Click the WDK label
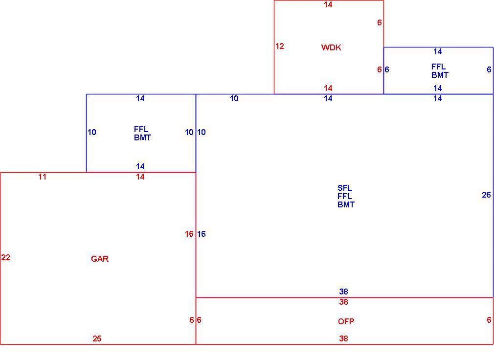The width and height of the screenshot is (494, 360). coord(331,47)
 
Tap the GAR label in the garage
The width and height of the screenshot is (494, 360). coord(100,259)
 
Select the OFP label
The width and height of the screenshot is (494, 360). coord(346,321)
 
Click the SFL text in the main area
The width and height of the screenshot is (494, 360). coord(345,188)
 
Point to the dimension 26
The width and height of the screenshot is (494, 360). coord(486,195)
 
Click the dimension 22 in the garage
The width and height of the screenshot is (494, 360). coord(6,258)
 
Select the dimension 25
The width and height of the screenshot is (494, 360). coord(97,338)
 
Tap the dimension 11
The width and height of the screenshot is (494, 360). coord(42,177)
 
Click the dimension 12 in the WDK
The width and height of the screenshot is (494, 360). coord(279,46)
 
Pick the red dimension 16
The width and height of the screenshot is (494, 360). coord(189,234)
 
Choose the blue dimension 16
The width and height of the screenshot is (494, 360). coord(202,234)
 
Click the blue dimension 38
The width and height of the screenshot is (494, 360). coord(343,292)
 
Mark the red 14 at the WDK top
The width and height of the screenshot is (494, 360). coord(328,5)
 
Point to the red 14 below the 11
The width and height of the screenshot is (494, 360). coord(140,177)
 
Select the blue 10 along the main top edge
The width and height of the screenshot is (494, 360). coord(234,99)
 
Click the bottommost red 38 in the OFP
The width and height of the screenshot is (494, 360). coord(343,338)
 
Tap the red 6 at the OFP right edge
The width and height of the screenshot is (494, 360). coord(489,320)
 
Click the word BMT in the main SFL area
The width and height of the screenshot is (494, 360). coord(346,205)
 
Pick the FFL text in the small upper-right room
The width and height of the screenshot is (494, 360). coord(439,67)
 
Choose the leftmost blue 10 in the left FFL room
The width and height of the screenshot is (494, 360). coord(91,132)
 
